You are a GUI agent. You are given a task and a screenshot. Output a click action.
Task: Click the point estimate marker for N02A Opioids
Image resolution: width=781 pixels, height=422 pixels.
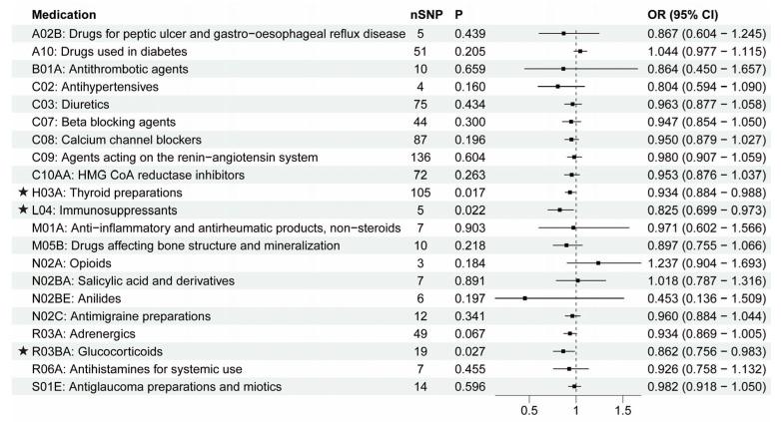(x=598, y=263)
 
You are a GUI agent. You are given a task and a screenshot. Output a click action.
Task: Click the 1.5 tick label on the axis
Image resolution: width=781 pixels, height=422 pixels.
(x=622, y=410)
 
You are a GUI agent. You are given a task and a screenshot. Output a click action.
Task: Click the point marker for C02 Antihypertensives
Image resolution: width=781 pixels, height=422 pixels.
(x=557, y=88)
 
